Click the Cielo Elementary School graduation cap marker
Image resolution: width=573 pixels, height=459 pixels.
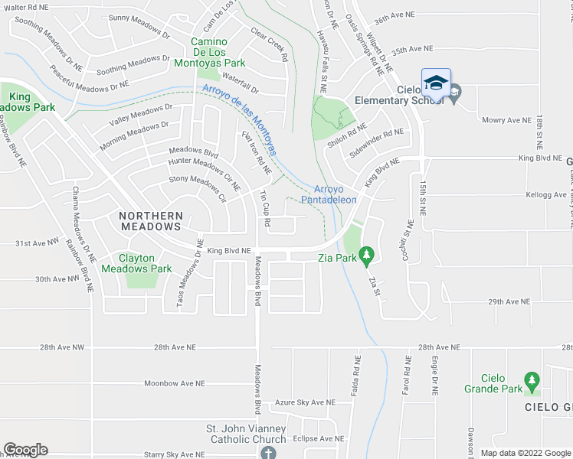click(436, 83)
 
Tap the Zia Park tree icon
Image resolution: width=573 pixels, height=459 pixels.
click(366, 253)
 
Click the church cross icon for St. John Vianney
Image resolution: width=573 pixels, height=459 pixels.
click(267, 453)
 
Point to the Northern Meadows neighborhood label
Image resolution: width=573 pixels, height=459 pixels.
click(150, 221)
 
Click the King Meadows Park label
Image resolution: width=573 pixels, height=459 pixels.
click(31, 103)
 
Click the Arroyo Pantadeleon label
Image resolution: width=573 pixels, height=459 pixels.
click(336, 194)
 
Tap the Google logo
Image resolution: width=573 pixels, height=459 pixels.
click(25, 450)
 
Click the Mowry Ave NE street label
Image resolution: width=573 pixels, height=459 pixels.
click(506, 120)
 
